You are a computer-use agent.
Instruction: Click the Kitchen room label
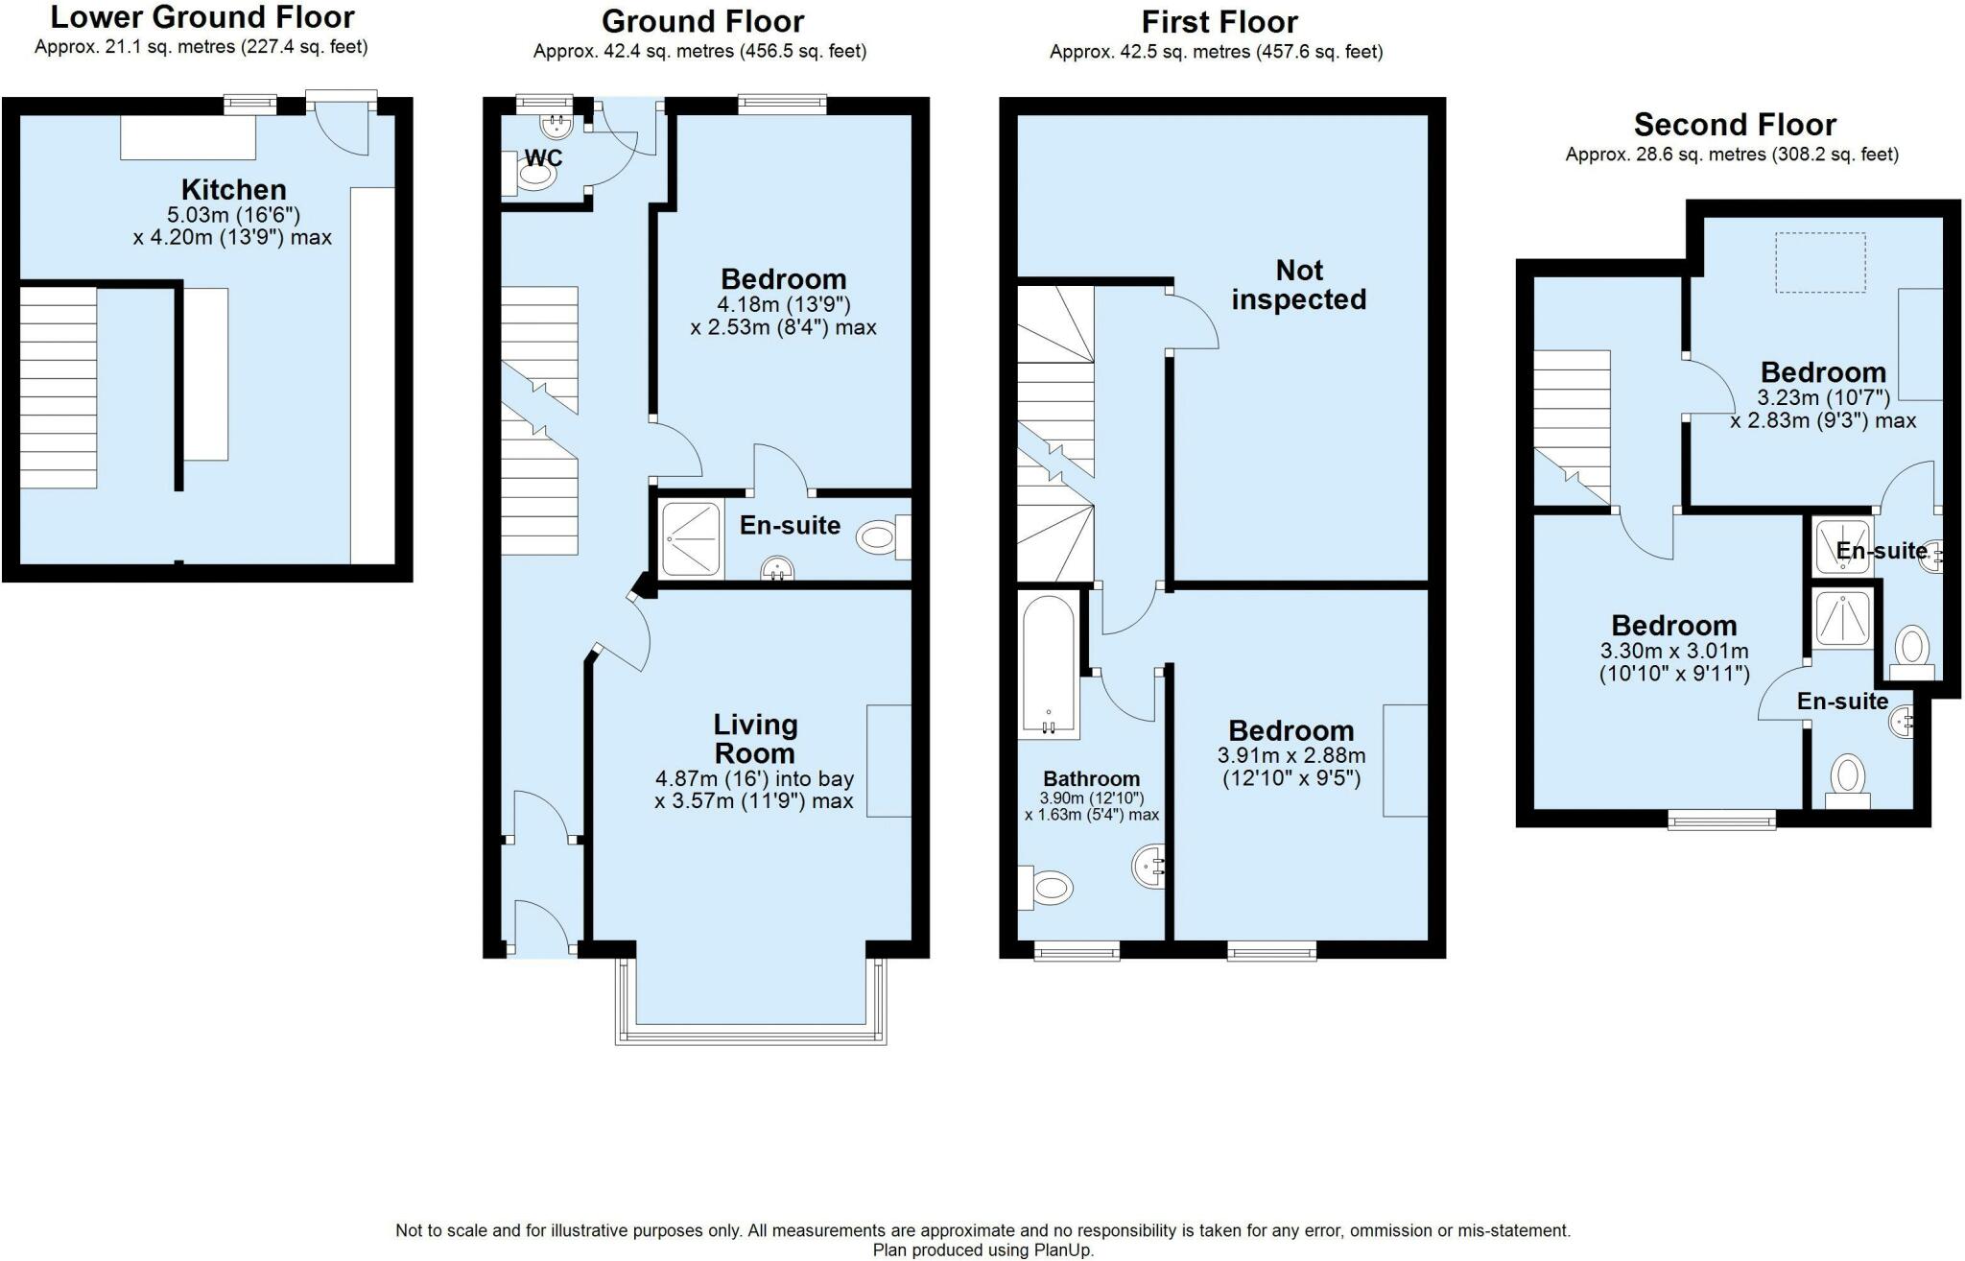click(x=234, y=189)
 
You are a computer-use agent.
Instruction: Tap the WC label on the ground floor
click(x=543, y=157)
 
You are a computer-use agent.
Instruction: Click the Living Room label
click(x=754, y=738)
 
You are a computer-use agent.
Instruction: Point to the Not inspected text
click(x=1298, y=285)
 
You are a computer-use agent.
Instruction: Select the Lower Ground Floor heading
click(x=202, y=17)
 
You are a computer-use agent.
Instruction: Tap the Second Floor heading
click(x=1735, y=125)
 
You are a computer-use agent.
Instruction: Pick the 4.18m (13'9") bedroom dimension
click(x=783, y=305)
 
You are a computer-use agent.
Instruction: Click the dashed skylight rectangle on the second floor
click(x=1820, y=262)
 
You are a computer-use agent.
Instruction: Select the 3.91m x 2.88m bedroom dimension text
click(x=1291, y=756)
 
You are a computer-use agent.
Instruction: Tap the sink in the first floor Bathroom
click(x=1148, y=867)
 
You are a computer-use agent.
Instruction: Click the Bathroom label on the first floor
click(x=1091, y=779)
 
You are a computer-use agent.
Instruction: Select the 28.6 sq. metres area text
click(x=1732, y=155)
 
